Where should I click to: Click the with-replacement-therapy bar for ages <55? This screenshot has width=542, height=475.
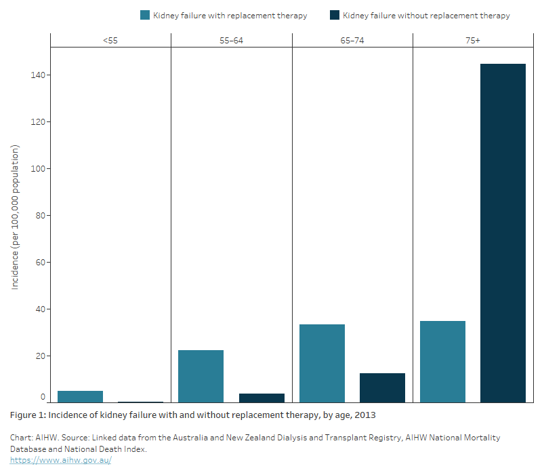pyautogui.click(x=80, y=397)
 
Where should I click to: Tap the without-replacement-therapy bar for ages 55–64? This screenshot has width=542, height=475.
pyautogui.click(x=262, y=398)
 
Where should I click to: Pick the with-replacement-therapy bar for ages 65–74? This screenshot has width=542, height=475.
pyautogui.click(x=322, y=364)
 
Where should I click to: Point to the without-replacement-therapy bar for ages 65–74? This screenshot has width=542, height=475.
pyautogui.click(x=382, y=388)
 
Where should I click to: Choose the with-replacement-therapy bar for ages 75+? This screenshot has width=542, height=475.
pyautogui.click(x=442, y=362)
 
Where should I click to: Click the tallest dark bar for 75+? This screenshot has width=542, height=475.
pyautogui.click(x=503, y=233)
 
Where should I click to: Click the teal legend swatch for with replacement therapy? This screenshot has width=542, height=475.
pyautogui.click(x=145, y=15)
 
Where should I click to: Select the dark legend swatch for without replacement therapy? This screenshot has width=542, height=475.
pyautogui.click(x=335, y=15)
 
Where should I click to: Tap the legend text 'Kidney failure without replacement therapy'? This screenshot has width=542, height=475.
pyautogui.click(x=426, y=15)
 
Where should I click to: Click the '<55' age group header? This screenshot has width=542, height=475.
pyautogui.click(x=110, y=41)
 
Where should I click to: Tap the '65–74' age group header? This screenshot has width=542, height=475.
pyautogui.click(x=352, y=41)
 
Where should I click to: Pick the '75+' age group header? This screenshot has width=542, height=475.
pyautogui.click(x=473, y=41)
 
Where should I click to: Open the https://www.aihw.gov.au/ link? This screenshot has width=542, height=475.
pyautogui.click(x=60, y=459)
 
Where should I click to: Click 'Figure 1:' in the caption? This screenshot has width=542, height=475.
pyautogui.click(x=29, y=415)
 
